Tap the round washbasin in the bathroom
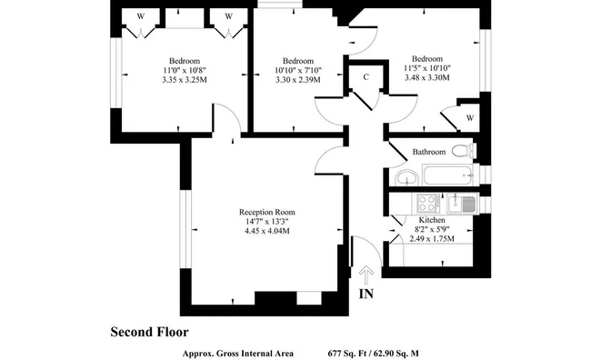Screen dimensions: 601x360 tap(406, 177)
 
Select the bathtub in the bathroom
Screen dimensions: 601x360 tap(448, 175)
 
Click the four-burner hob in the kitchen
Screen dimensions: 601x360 tap(428, 204)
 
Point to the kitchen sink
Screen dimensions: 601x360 tap(462, 204)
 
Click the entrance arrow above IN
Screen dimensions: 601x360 tap(366, 275)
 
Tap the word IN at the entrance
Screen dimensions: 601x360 tap(366, 294)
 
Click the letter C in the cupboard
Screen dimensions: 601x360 tap(366, 77)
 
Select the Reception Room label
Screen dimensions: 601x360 tap(267, 212)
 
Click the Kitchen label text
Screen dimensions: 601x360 tap(432, 220)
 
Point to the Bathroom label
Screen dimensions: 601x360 tap(429, 152)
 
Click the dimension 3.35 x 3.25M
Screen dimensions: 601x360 tap(185, 80)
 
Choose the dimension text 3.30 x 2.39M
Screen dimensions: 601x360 tap(298, 80)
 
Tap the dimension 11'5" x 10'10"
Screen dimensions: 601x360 tap(427, 68)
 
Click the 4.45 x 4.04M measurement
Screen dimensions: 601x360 tap(267, 231)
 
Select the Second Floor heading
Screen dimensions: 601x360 tap(149, 332)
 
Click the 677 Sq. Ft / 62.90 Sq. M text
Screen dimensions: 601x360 tap(374, 354)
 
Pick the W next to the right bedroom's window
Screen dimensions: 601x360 tap(470, 118)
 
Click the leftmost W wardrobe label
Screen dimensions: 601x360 tap(141, 16)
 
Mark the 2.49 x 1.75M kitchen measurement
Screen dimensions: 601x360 tap(432, 238)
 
